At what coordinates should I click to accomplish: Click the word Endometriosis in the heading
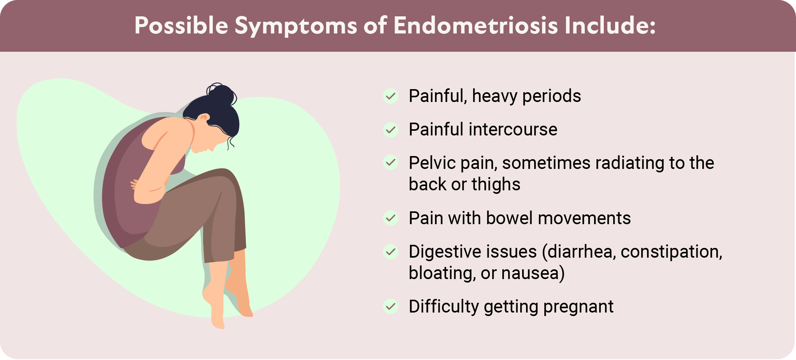point(475,25)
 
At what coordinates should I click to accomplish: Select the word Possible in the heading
point(181,25)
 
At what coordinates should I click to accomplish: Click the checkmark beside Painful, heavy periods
point(391,96)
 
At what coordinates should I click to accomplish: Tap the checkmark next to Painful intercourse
point(391,130)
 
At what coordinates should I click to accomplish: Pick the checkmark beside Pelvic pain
point(391,162)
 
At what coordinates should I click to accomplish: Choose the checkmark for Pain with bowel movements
point(391,218)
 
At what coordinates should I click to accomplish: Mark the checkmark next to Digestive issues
point(391,251)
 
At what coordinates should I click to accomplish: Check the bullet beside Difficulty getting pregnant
point(391,306)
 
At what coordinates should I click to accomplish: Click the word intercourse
point(513,130)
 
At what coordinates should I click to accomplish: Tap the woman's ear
point(203,118)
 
